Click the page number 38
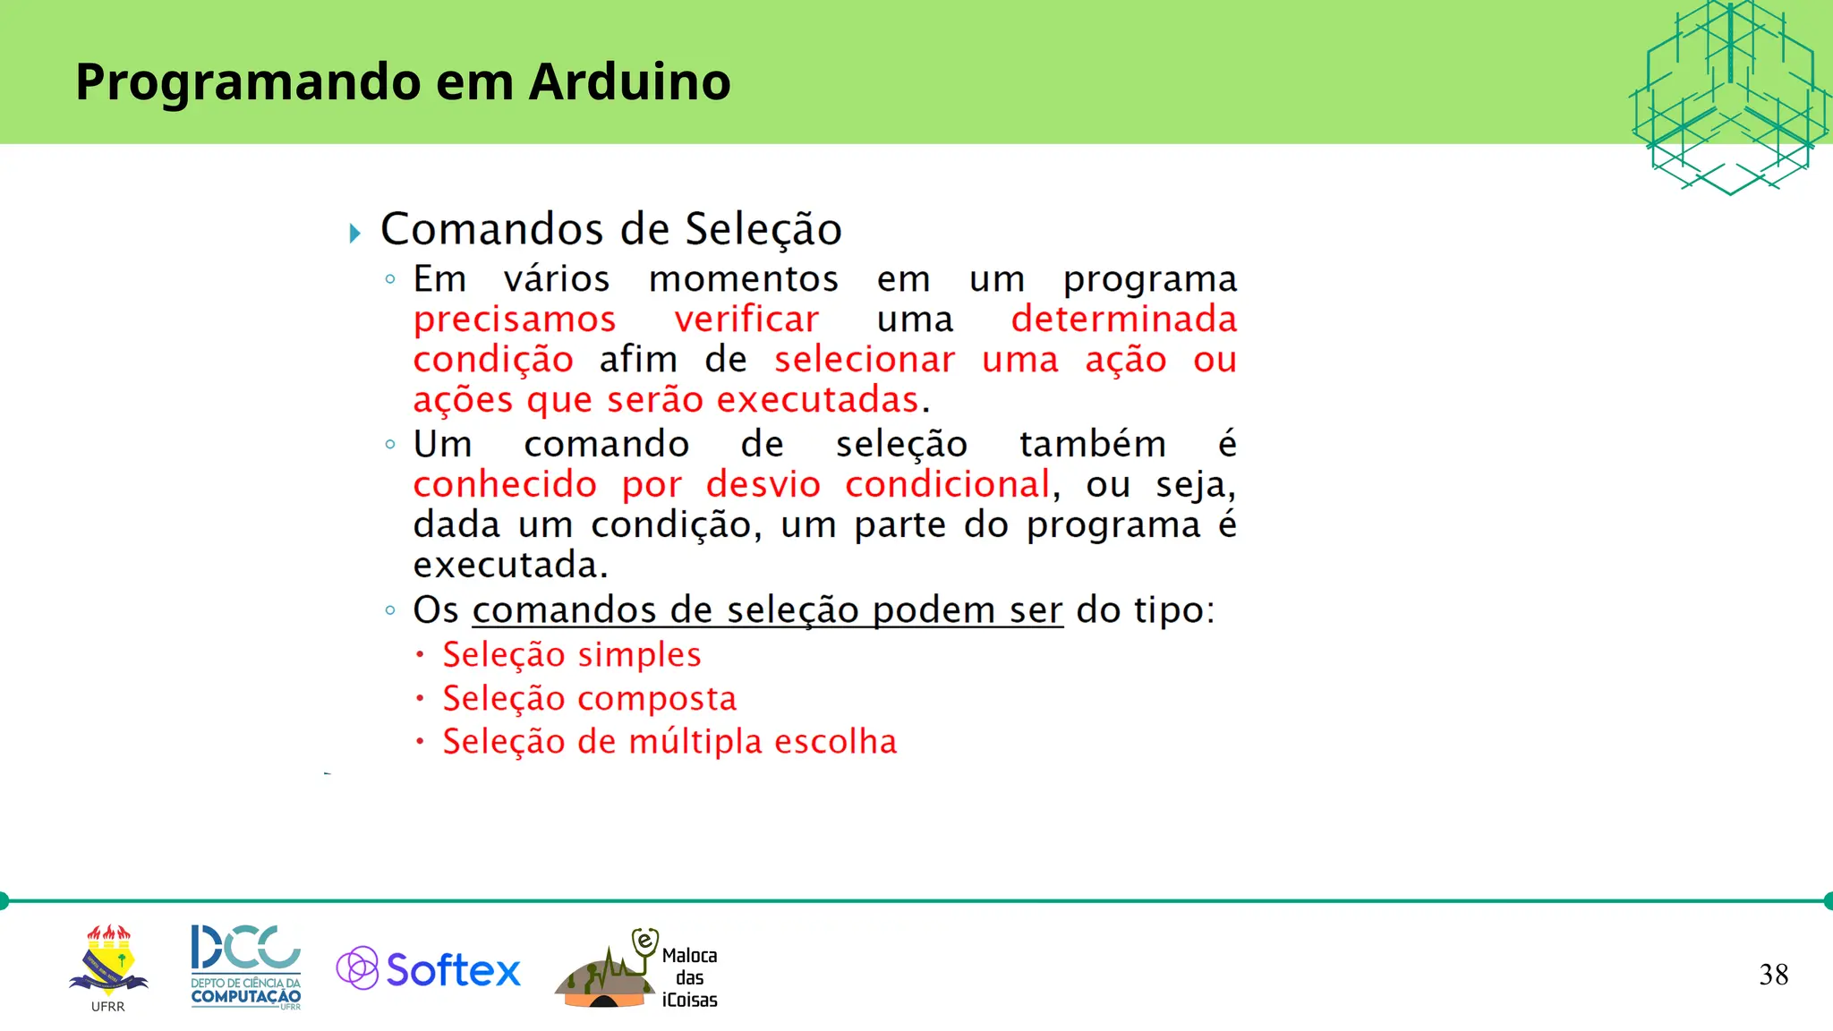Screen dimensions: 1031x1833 1773,975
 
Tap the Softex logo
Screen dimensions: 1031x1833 429,969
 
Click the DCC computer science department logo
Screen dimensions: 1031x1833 245,967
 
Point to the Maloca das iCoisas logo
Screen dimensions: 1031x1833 637,970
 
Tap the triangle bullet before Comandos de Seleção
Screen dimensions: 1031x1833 355,234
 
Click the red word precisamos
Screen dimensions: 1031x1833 515,320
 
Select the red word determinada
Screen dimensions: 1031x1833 1123,320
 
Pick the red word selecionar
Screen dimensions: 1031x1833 865,360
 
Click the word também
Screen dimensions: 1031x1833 1092,444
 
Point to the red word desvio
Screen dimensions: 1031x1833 763,484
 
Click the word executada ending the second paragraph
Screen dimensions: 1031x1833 509,565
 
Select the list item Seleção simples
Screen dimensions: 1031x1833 571,654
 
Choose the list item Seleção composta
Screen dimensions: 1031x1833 589,698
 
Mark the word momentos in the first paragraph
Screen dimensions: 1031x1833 744,279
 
